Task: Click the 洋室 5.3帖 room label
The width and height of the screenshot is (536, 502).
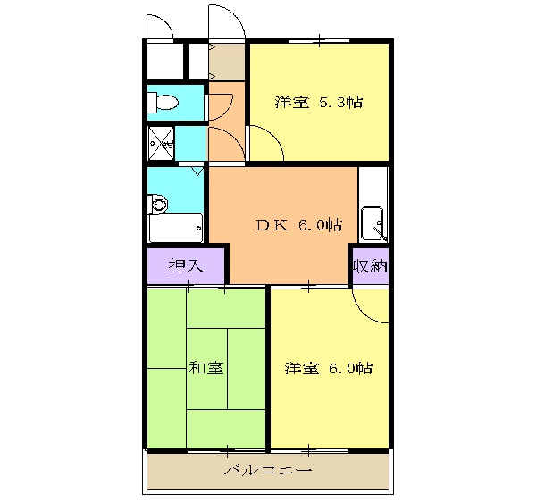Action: point(318,102)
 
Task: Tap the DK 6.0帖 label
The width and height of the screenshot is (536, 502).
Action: point(298,224)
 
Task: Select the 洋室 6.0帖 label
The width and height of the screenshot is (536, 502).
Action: point(329,368)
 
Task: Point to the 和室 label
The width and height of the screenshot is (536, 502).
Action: point(205,368)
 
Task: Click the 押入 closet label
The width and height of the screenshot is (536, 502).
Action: point(186,265)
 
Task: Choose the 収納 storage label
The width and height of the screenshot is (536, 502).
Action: point(370,265)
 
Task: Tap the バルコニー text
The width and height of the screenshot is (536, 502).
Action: point(267,471)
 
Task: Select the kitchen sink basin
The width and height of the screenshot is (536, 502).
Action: point(372,221)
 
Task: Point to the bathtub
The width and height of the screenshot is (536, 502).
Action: point(176,229)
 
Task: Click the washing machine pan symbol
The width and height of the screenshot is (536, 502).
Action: point(163,141)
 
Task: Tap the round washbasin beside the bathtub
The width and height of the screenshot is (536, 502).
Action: point(159,205)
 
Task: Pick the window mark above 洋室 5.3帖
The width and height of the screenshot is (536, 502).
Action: point(319,41)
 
